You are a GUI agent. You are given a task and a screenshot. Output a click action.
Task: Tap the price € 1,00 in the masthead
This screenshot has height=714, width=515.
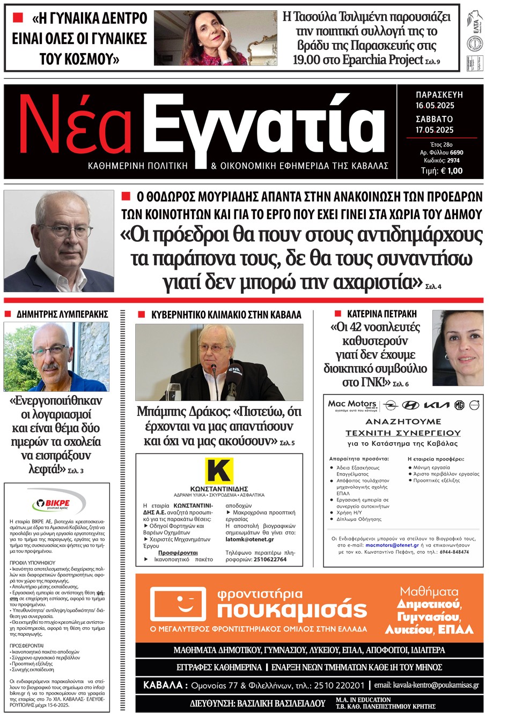[448, 171]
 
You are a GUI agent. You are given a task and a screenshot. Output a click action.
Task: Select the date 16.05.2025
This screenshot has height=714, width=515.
[435, 106]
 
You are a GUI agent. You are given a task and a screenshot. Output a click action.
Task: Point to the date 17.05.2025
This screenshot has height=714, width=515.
[435, 130]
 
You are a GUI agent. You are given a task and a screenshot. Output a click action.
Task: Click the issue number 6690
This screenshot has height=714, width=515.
[457, 152]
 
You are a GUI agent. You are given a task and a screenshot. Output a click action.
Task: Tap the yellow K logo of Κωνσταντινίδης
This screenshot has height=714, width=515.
[219, 471]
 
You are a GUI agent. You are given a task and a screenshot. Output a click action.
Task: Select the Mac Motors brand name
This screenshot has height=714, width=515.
[352, 404]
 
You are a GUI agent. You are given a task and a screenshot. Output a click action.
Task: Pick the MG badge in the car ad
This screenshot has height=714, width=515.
[459, 405]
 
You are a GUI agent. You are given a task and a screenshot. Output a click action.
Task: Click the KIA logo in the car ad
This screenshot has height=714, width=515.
[437, 405]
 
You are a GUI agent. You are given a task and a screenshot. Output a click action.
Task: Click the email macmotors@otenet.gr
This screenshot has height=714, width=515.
[392, 545]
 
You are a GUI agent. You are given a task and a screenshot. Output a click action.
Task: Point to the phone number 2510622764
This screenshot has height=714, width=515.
[270, 559]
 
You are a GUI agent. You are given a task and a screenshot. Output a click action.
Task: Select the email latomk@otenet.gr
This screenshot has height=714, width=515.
[249, 539]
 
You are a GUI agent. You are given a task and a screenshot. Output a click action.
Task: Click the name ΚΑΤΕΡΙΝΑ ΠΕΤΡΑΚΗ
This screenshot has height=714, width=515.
[381, 314]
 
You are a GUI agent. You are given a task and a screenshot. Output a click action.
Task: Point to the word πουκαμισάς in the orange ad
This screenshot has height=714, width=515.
[292, 609]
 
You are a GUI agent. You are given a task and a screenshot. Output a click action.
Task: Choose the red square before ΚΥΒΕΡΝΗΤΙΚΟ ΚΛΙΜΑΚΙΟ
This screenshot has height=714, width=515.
[142, 315]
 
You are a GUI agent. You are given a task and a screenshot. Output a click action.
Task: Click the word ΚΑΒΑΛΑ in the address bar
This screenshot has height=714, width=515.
[163, 685]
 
